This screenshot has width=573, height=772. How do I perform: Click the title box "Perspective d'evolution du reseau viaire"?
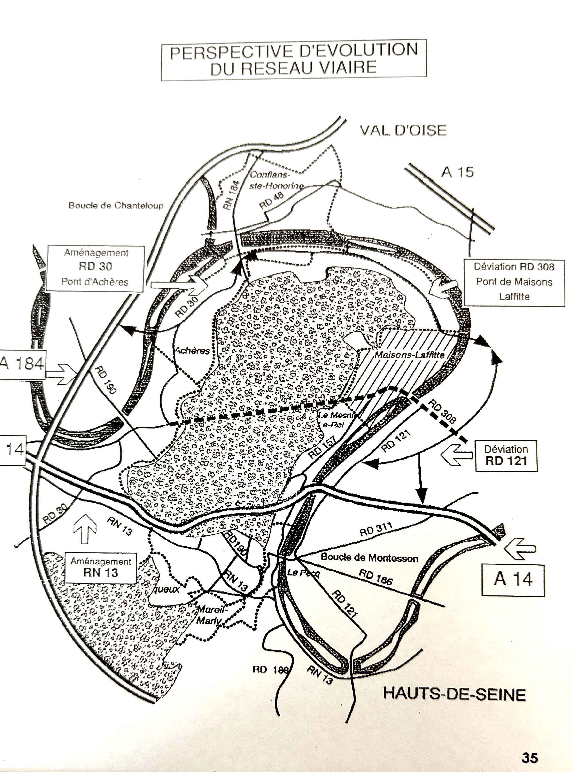(x=294, y=60)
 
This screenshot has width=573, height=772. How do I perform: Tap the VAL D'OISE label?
(x=403, y=130)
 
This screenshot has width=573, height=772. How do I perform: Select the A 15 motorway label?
(x=457, y=172)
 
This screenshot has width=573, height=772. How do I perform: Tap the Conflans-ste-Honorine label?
(x=276, y=180)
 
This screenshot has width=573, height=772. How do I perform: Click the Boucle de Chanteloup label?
(x=116, y=206)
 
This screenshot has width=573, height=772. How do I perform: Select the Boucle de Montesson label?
(x=369, y=558)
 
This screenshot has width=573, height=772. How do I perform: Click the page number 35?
(x=529, y=758)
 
